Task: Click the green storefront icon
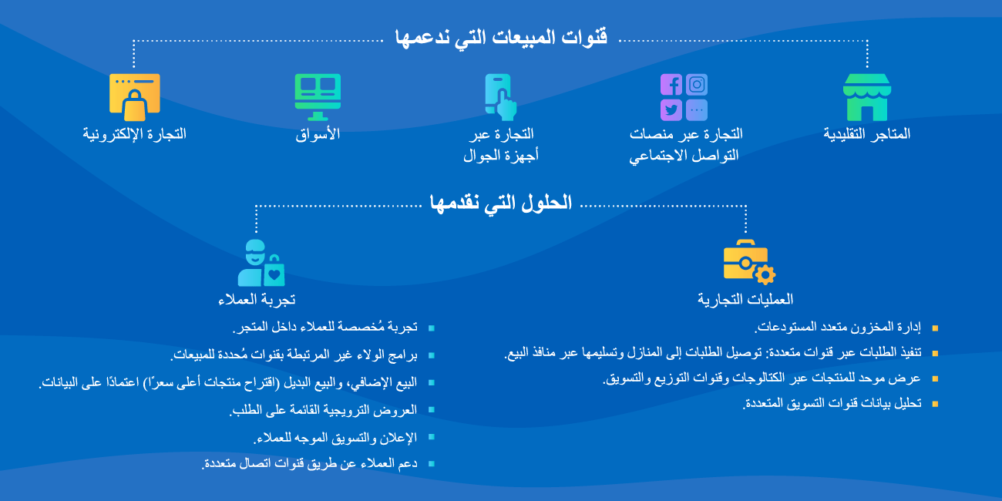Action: click(866, 97)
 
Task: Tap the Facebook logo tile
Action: click(671, 85)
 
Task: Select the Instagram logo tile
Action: click(697, 85)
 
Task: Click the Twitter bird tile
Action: click(671, 110)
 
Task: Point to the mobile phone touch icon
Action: click(500, 97)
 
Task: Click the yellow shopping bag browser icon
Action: click(135, 97)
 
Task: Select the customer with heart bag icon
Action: click(261, 263)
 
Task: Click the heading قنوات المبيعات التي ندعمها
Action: click(501, 37)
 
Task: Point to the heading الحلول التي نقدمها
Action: click(501, 203)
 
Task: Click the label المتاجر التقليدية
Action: click(866, 134)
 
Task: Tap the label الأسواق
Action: click(318, 134)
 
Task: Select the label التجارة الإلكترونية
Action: click(135, 134)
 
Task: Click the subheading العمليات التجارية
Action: click(745, 299)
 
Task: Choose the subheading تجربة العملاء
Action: click(257, 299)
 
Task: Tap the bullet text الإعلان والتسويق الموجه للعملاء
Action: click(335, 437)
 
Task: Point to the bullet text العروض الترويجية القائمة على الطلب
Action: click(323, 410)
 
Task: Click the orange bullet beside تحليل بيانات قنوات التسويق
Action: click(935, 403)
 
